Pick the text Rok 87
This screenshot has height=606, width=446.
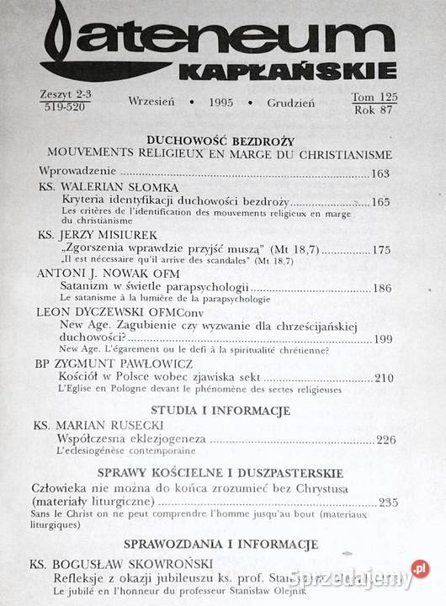coord(378,109)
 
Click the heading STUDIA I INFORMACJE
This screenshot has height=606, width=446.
coord(219,411)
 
